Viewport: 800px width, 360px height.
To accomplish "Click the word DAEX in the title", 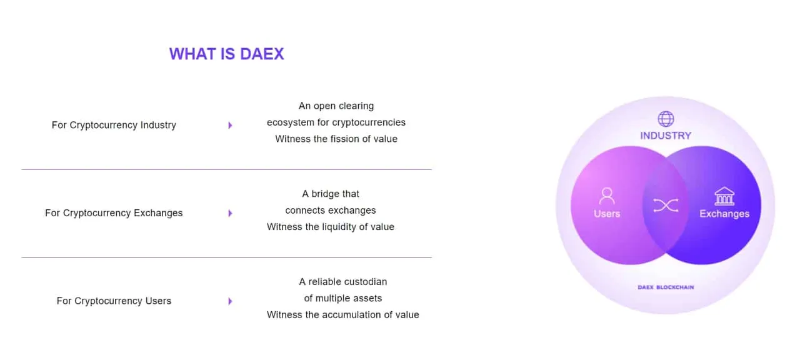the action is click(x=262, y=54).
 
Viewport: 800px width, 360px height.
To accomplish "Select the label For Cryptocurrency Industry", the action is click(x=114, y=125).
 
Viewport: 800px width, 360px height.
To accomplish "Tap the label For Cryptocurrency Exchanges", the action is click(x=114, y=213).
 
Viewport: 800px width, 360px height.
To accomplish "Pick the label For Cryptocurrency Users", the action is click(x=114, y=301).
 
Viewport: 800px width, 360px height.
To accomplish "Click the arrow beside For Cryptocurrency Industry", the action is click(x=231, y=126).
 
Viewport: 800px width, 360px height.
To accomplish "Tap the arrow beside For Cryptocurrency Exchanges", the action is click(x=231, y=213).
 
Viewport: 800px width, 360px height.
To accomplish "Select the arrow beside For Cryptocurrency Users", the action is click(x=231, y=301).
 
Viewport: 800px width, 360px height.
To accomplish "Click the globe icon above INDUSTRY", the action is click(x=666, y=119).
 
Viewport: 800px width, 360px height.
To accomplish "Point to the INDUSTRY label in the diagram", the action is click(x=666, y=136).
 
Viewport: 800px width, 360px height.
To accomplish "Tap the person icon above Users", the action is click(x=607, y=196).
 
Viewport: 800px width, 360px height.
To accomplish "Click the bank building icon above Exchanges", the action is click(x=724, y=196).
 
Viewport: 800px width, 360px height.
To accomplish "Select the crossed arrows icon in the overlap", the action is click(x=666, y=206).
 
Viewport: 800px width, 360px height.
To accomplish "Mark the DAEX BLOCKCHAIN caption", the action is click(x=666, y=287).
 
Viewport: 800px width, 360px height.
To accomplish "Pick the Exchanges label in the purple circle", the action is click(x=724, y=214).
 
